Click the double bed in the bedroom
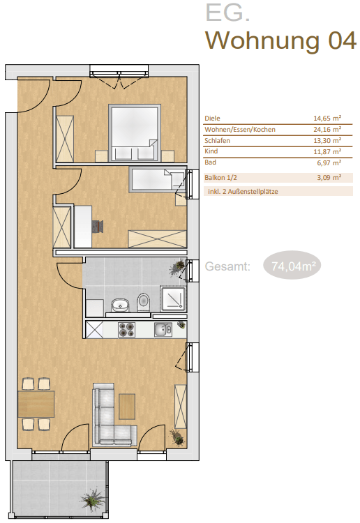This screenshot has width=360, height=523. pyautogui.click(x=135, y=133)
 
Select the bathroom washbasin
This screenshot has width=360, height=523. pyautogui.click(x=120, y=305)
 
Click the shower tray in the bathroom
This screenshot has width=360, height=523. pyautogui.click(x=173, y=298)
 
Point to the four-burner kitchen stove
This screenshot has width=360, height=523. pyautogui.click(x=126, y=329)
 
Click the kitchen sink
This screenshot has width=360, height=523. pyautogui.click(x=163, y=329)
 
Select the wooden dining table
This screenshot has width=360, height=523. pyautogui.click(x=36, y=404)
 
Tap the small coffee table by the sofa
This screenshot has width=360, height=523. pyautogui.click(x=127, y=407)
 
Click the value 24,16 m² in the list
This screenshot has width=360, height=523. pyautogui.click(x=327, y=130)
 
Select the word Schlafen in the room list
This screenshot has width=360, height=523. pyautogui.click(x=217, y=140)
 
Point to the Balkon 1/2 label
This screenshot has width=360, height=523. pyautogui.click(x=220, y=177)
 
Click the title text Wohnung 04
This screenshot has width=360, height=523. pyautogui.click(x=280, y=40)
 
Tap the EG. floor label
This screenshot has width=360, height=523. pyautogui.click(x=227, y=13)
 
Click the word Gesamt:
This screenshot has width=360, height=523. pyautogui.click(x=227, y=266)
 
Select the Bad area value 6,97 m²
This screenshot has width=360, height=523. pyautogui.click(x=329, y=163)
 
